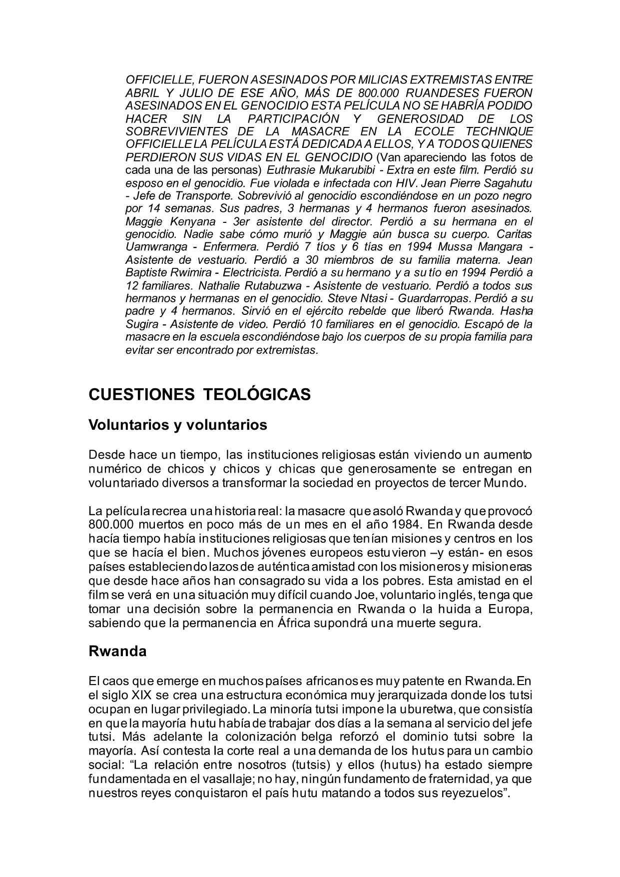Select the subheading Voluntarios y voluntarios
pyautogui.click(x=178, y=425)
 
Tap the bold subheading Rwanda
pyautogui.click(x=117, y=651)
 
